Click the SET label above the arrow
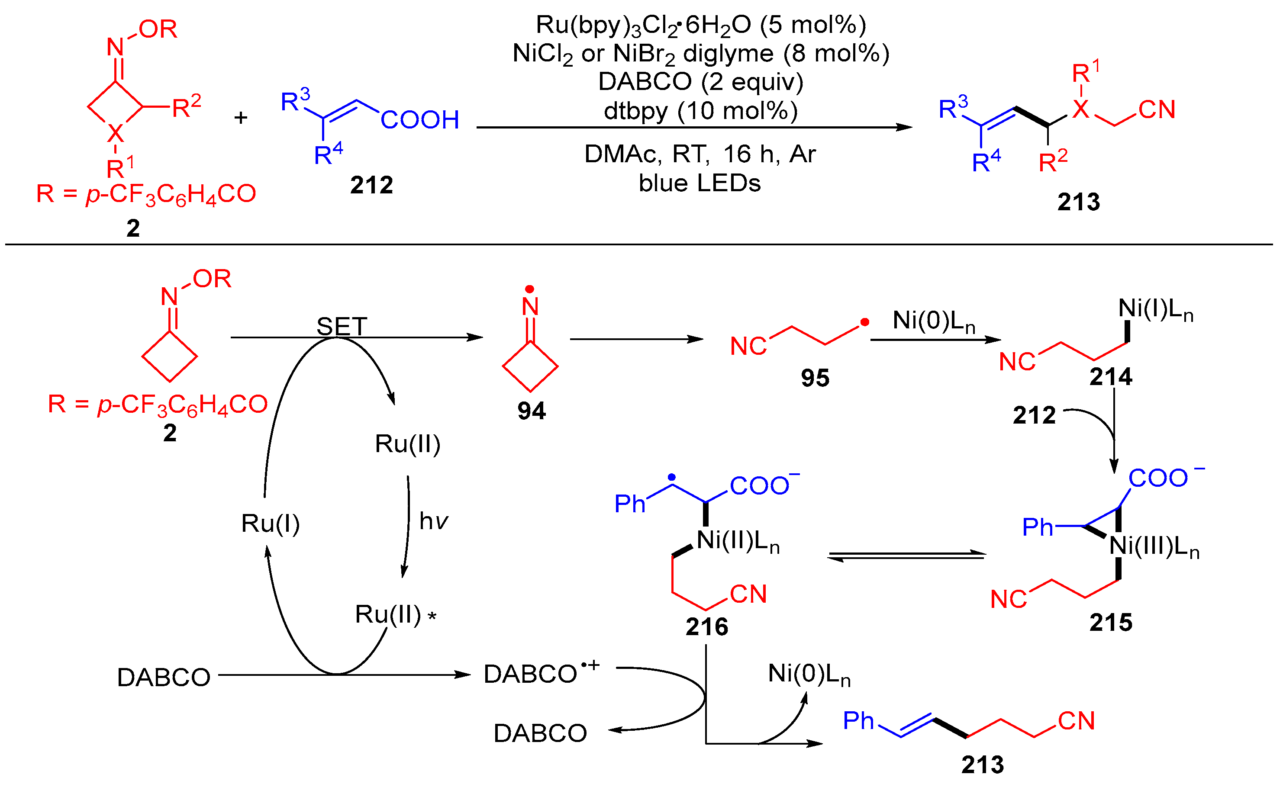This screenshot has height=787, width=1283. (342, 326)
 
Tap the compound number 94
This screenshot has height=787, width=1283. (531, 411)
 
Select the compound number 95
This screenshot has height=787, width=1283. (815, 378)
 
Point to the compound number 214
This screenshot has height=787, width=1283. (1111, 377)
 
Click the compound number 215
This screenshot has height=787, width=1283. (1111, 623)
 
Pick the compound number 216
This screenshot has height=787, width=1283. (706, 626)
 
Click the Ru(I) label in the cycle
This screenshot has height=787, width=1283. (270, 524)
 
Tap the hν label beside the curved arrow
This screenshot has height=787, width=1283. (433, 521)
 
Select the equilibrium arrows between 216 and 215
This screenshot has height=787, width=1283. (906, 556)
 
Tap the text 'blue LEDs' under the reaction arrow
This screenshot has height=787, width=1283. (700, 183)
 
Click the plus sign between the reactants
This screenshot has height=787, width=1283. (241, 118)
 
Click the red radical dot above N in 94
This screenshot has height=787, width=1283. (529, 289)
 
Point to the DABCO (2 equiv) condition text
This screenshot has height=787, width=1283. (700, 82)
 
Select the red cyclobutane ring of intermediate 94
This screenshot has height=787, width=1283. (530, 366)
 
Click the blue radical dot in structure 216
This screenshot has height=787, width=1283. (672, 477)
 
